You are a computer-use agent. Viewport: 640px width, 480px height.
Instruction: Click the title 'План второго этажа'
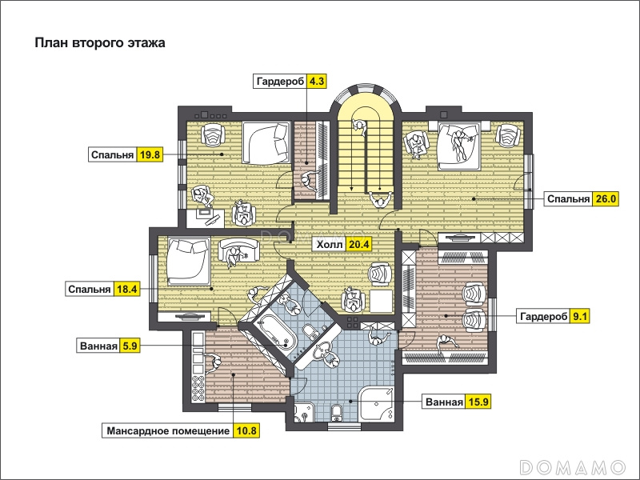click(100, 43)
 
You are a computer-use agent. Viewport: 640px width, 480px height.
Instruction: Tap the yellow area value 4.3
click(317, 82)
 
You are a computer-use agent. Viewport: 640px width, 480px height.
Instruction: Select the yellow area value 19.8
click(150, 154)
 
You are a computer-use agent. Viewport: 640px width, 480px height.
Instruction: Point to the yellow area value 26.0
click(606, 198)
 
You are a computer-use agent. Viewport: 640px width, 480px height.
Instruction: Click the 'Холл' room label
click(330, 245)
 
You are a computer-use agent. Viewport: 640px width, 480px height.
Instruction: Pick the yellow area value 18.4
click(126, 289)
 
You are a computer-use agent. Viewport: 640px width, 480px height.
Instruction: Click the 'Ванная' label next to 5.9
click(98, 346)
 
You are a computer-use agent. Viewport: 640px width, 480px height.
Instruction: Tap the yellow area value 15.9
click(478, 402)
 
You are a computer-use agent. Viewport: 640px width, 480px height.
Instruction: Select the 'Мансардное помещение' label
click(168, 430)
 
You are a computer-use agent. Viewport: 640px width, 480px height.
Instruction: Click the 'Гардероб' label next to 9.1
click(543, 316)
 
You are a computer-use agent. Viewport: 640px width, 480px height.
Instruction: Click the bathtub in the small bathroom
click(274, 332)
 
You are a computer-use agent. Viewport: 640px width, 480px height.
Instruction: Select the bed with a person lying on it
click(458, 146)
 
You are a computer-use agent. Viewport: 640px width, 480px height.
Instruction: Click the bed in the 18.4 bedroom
click(188, 262)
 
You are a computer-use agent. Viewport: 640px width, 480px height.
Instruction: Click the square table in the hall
click(382, 302)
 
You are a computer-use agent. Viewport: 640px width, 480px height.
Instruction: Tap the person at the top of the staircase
click(358, 126)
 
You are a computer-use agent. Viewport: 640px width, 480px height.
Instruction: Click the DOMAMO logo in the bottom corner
click(573, 466)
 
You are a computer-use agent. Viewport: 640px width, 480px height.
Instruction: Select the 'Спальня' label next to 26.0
click(568, 198)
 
